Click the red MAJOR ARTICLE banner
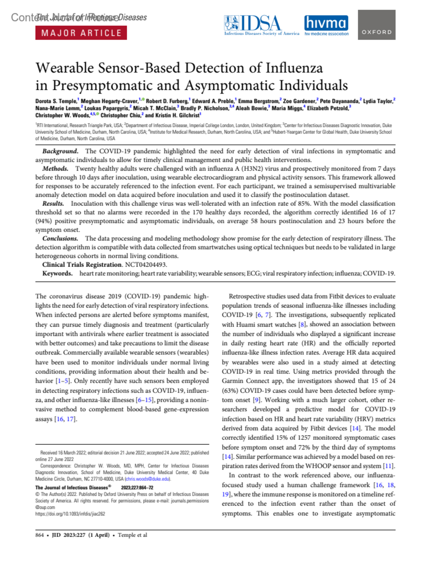81,33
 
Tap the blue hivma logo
326,25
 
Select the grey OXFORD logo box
376,25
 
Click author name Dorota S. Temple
56,101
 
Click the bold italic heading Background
60,151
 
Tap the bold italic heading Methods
55,169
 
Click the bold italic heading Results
53,204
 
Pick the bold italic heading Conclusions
60,238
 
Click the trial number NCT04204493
145,265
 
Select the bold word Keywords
57,273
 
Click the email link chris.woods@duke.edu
148,479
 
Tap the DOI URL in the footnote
70,514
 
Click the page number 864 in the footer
40,535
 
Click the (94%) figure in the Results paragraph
43,221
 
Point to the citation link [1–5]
63,381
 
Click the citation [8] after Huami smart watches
302,324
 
